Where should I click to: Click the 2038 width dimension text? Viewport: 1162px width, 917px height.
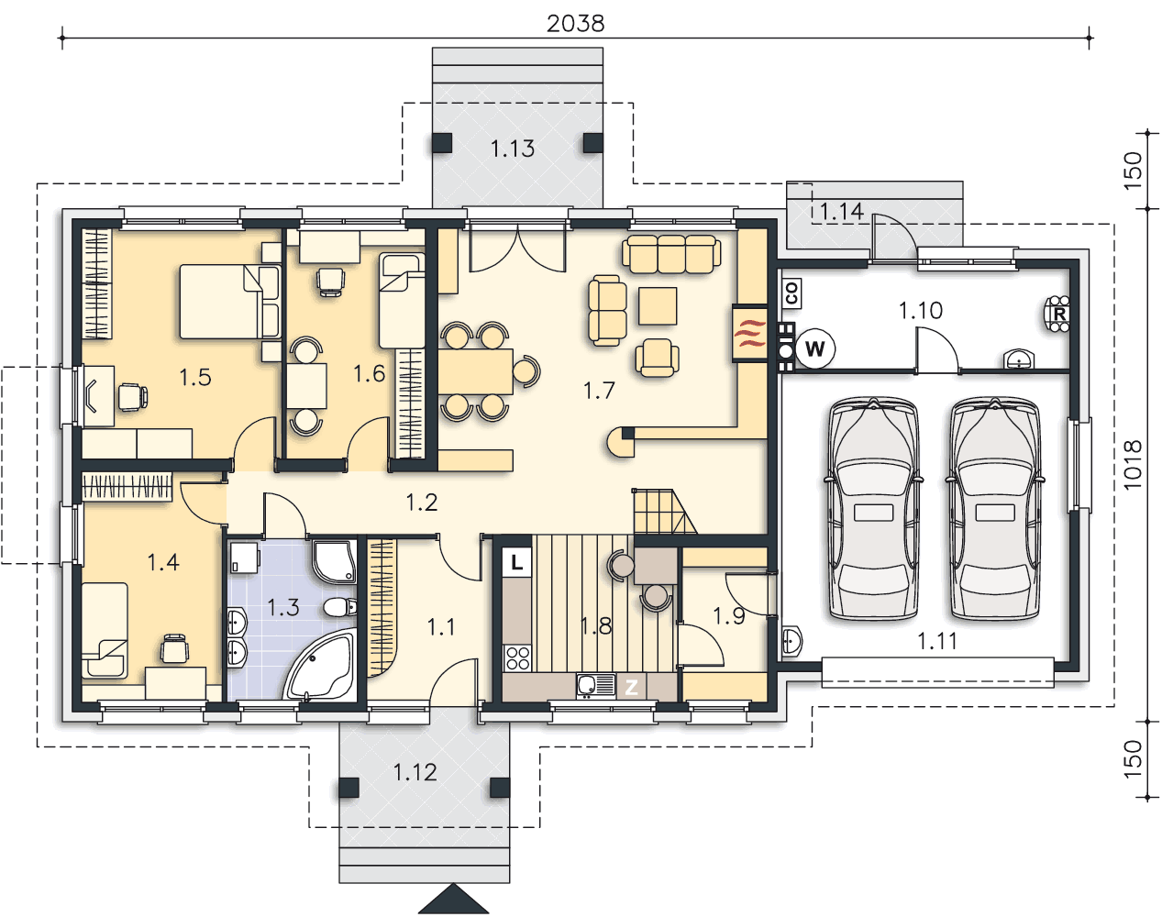tap(575, 24)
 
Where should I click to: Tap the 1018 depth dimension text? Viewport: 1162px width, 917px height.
tap(1133, 465)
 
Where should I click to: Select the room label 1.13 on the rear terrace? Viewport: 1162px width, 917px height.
tap(513, 148)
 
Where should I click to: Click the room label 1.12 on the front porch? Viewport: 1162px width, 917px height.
tap(415, 772)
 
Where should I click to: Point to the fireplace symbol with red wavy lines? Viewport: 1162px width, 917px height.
tap(750, 334)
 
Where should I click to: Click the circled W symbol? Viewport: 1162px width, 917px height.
tap(814, 348)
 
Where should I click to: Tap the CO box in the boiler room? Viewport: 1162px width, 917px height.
tap(792, 293)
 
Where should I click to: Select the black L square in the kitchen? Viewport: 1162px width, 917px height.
tap(516, 563)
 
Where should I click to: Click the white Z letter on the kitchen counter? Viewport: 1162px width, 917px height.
tap(631, 688)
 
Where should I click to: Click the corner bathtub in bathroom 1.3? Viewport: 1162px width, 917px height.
tap(321, 667)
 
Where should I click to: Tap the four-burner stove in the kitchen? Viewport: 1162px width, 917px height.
tap(517, 658)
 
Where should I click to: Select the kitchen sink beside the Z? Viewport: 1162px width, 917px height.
tap(595, 686)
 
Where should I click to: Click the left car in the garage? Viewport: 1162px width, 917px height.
tap(873, 509)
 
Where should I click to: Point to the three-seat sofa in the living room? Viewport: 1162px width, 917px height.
tap(671, 254)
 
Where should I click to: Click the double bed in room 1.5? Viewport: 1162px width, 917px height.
tap(230, 302)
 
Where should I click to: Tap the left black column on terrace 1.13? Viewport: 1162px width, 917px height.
tap(442, 142)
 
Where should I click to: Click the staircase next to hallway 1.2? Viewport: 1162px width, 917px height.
tap(664, 511)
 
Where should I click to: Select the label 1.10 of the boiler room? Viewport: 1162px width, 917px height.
tap(921, 311)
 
